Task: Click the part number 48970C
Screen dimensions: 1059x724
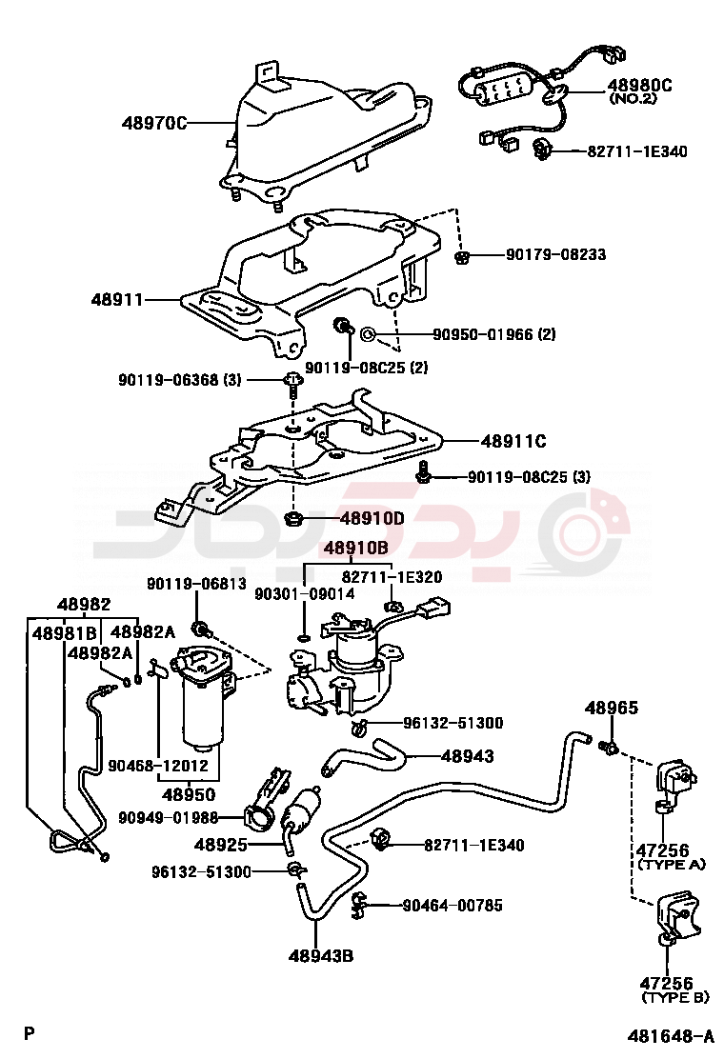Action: tap(153, 123)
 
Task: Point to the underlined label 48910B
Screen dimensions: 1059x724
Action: tap(355, 548)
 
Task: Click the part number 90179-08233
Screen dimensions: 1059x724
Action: tap(555, 255)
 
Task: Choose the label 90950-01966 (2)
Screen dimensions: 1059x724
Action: tap(493, 334)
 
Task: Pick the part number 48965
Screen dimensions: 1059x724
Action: tap(612, 709)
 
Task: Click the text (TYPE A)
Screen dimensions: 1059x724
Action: tap(672, 865)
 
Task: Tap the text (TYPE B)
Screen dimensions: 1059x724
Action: tap(675, 997)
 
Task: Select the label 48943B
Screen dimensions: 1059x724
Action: tap(321, 955)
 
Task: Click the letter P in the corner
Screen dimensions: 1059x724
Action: tap(30, 1033)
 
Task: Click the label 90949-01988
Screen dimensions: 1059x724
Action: tap(169, 817)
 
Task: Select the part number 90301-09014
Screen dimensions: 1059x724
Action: tap(304, 593)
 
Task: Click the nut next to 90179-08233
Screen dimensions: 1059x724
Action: tap(461, 256)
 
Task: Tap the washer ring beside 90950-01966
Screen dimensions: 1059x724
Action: tap(369, 334)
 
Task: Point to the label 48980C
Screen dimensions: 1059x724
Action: tap(640, 85)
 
